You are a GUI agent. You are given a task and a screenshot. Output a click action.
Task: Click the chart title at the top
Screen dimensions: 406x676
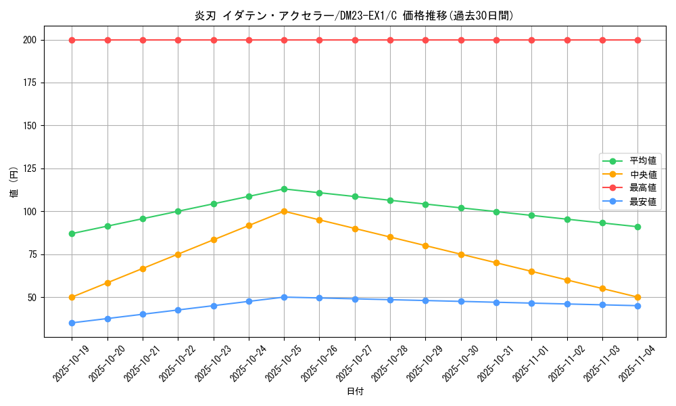(x=354, y=16)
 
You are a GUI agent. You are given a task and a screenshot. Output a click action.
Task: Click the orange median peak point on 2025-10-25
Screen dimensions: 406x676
(x=284, y=211)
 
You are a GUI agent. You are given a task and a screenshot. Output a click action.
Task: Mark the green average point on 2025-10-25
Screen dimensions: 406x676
(x=284, y=189)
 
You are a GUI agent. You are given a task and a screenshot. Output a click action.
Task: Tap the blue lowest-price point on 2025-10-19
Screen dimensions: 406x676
(x=72, y=323)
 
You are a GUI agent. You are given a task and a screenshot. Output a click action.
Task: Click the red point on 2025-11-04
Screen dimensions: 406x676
(x=637, y=40)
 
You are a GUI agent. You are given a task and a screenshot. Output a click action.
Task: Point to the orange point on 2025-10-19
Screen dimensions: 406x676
(x=72, y=297)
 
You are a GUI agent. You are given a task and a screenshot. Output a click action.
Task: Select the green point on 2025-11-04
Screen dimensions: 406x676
(x=637, y=227)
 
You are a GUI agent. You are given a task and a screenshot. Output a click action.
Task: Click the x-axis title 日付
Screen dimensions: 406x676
(x=355, y=392)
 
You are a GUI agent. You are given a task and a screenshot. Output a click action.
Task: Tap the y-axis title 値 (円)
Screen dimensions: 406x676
(x=14, y=182)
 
